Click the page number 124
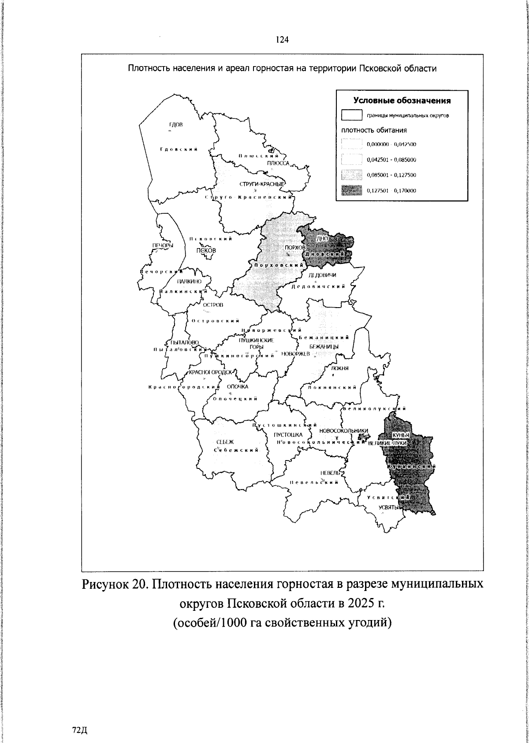[x=282, y=40]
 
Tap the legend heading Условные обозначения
[x=402, y=100]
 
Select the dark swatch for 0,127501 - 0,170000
[x=351, y=190]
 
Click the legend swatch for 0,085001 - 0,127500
[x=351, y=175]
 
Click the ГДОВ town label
[x=175, y=125]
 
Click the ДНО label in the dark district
[x=323, y=238]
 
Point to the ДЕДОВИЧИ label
[x=322, y=275]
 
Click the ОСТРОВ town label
[x=213, y=305]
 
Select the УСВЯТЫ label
[x=389, y=507]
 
